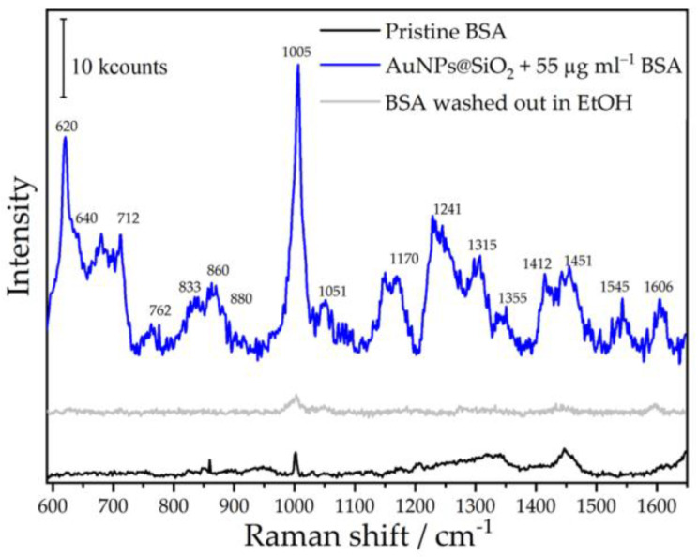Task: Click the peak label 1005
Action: [x=297, y=53]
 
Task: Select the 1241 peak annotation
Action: [x=448, y=208]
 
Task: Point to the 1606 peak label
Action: [x=657, y=287]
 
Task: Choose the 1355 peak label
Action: [x=513, y=298]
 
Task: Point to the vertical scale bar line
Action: [x=63, y=57]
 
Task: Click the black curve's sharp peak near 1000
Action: [x=295, y=454]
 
